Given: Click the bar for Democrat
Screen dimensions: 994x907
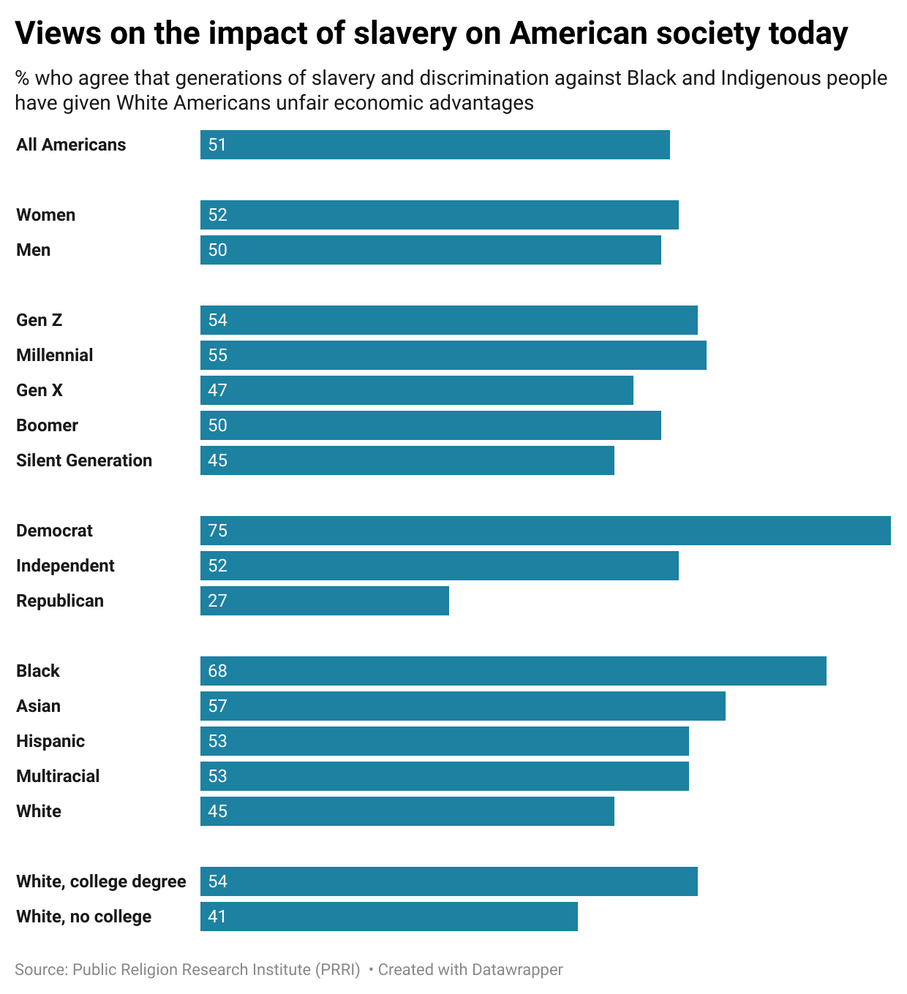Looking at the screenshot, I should click(545, 531).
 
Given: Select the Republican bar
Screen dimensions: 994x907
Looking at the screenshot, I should click(324, 601).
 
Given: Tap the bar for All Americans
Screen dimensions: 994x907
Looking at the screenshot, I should click(434, 145).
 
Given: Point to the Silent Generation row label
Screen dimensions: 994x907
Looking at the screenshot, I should click(84, 460).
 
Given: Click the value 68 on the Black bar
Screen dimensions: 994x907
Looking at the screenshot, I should click(218, 671).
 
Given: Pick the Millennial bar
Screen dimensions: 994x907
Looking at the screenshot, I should click(453, 355).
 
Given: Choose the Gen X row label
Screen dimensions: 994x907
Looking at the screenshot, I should click(39, 390).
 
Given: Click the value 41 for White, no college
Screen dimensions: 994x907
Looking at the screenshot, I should click(217, 917).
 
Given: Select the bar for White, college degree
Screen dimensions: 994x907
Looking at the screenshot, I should click(448, 881).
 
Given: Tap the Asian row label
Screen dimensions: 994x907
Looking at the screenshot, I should click(39, 706).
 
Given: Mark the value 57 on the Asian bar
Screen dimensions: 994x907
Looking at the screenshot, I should click(218, 706).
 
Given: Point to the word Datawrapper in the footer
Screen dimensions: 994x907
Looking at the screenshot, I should click(517, 970).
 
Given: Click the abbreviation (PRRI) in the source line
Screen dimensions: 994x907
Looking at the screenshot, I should click(337, 970).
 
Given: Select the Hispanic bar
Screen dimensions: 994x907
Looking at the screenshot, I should click(444, 741).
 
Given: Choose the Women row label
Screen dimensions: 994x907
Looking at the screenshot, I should click(46, 215).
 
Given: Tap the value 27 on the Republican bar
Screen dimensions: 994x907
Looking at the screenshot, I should click(218, 601).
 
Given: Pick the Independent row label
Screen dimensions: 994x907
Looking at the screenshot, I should click(66, 566).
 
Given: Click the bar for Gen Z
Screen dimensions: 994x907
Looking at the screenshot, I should click(448, 320).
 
